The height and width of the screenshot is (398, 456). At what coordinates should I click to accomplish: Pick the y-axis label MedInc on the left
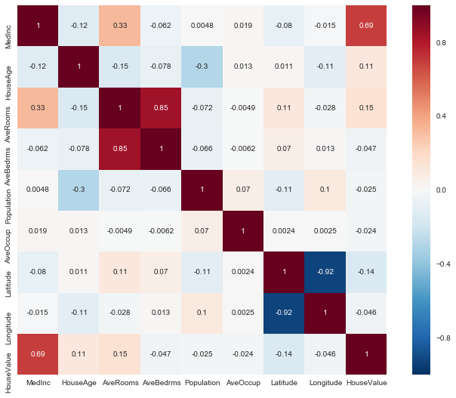pos(9,26)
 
